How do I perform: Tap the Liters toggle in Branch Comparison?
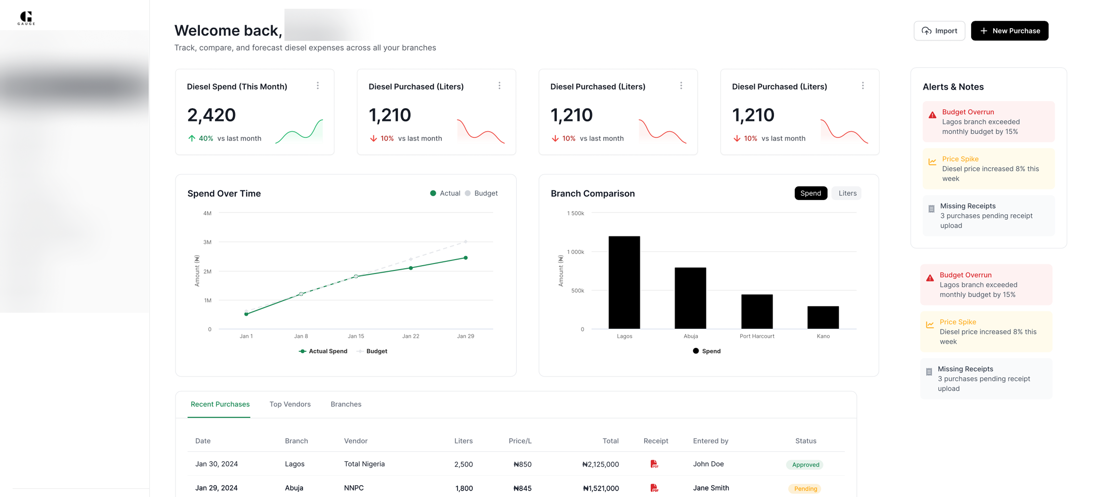847,193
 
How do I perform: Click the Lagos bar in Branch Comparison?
624,282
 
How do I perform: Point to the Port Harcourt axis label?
757,336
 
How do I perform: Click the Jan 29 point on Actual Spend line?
465,258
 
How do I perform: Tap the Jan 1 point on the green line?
246,314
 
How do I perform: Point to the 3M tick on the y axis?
207,242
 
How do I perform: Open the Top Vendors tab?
290,404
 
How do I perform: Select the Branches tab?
345,404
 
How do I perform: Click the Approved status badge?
805,464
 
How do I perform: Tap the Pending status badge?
805,489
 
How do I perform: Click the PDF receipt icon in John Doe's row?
654,464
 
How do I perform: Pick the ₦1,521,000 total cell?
600,489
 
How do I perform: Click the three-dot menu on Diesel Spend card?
317,86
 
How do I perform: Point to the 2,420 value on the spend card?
211,115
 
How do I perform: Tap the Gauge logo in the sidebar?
26,18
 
